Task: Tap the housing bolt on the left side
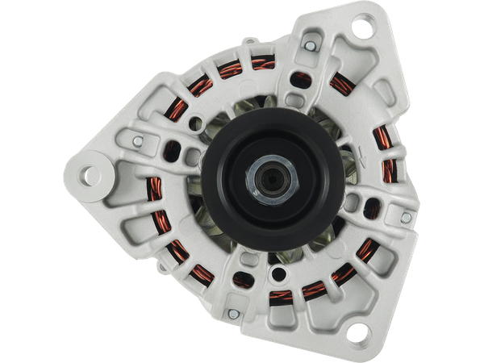(x=138, y=141)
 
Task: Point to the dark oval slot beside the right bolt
(x=373, y=212)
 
